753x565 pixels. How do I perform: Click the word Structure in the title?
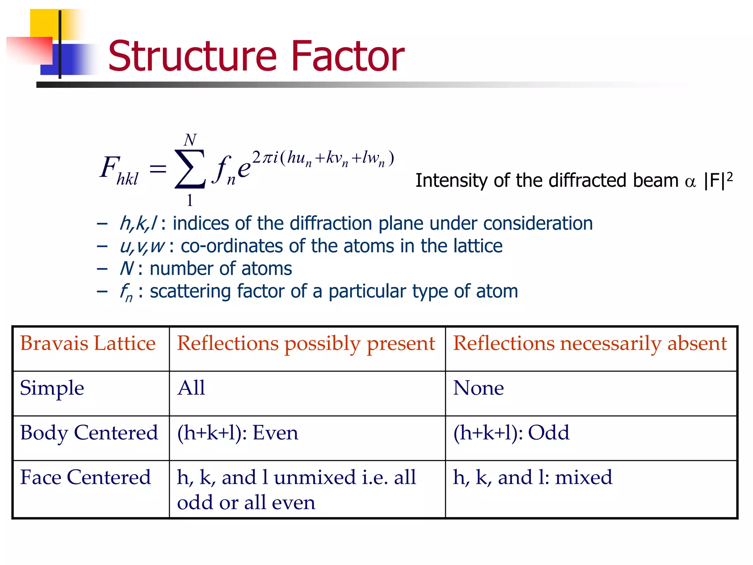[x=192, y=56]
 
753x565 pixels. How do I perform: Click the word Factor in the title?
[x=347, y=56]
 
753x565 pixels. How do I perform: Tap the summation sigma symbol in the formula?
[x=190, y=169]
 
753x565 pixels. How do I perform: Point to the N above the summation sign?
[x=190, y=140]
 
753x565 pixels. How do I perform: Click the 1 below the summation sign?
[x=190, y=200]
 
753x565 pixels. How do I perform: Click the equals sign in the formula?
[x=158, y=170]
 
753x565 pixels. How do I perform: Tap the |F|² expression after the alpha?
[x=718, y=180]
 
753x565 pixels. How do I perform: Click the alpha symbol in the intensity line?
[x=690, y=182]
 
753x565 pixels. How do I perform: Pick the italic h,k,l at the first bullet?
[x=138, y=224]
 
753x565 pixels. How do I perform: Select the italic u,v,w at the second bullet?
[x=142, y=246]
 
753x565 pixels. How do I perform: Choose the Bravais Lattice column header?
[x=88, y=344]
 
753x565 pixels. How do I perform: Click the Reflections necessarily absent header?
[x=590, y=344]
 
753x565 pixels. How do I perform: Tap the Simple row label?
[x=52, y=388]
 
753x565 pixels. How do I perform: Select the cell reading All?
[x=191, y=388]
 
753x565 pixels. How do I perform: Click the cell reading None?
[x=478, y=388]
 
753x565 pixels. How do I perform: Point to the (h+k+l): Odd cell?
[x=511, y=433]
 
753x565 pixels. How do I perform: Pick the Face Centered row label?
[x=85, y=477]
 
